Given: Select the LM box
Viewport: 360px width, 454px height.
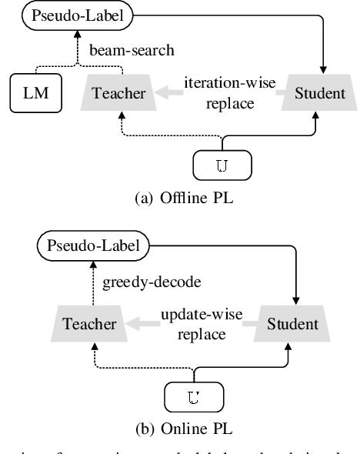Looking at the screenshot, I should pyautogui.click(x=35, y=93).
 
